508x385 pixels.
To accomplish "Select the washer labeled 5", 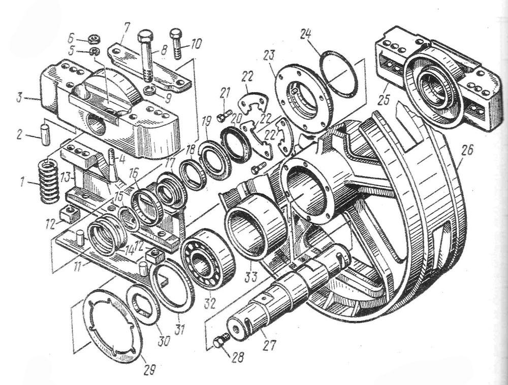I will [93, 51].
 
